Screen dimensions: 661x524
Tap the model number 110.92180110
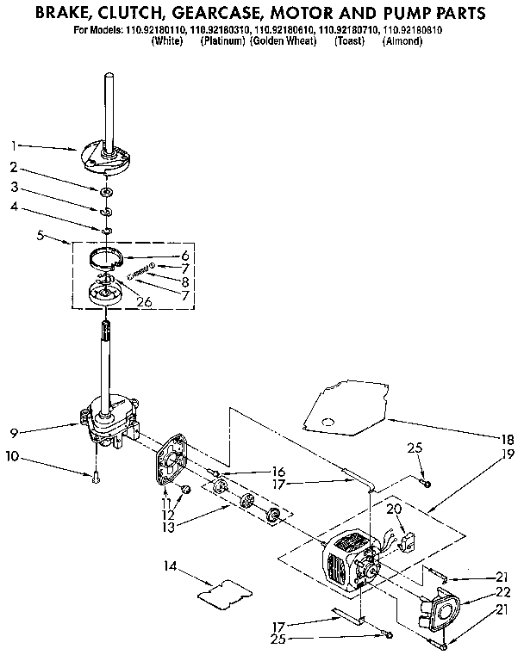click(157, 30)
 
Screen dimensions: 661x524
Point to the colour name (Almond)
click(401, 40)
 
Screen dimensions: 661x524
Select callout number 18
click(508, 439)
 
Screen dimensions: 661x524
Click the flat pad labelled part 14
click(223, 590)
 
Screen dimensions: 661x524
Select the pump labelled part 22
click(440, 610)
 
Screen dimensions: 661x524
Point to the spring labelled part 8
click(139, 275)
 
